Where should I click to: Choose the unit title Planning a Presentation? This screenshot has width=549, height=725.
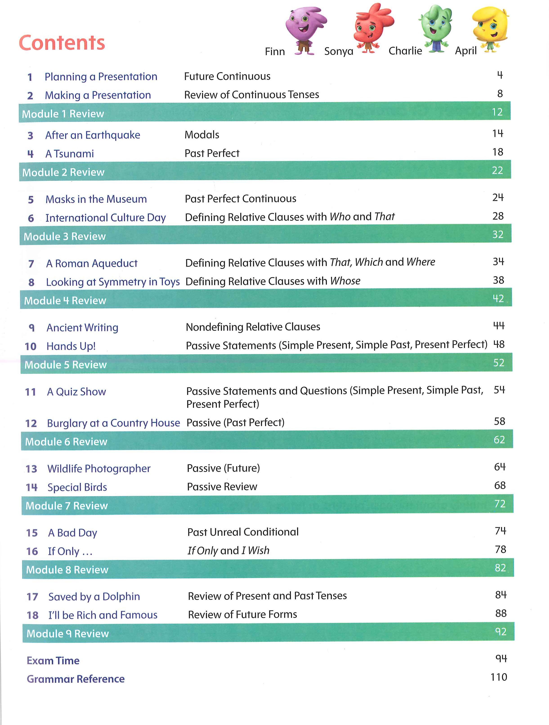pos(101,77)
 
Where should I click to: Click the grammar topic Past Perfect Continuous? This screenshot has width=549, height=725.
pos(240,199)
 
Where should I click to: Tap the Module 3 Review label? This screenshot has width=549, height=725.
pos(65,236)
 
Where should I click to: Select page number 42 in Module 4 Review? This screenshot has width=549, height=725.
pos(498,299)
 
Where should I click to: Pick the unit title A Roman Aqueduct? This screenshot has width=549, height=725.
pos(92,263)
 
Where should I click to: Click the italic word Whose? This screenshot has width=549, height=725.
pos(345,281)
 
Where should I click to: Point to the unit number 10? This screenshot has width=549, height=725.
pos(31,346)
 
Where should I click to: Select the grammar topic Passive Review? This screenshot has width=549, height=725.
pos(222,487)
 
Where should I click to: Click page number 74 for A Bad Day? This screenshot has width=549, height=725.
pos(500,531)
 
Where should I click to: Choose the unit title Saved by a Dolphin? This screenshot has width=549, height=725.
pos(94,596)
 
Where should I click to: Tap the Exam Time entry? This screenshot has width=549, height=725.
pos(53,660)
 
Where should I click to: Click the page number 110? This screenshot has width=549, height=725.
pos(498,677)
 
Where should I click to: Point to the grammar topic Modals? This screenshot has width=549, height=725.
pos(202,135)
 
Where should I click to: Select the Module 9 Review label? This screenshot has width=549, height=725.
pos(67,634)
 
